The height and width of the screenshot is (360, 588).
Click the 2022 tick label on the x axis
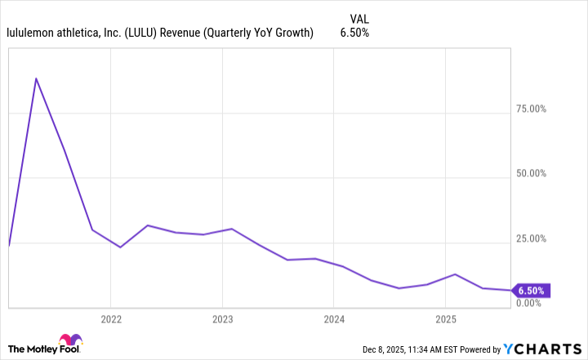(x=111, y=318)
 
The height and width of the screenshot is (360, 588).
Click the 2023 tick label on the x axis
(x=222, y=318)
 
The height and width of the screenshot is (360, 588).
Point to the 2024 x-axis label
(x=333, y=318)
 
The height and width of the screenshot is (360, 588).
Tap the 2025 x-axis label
(x=445, y=318)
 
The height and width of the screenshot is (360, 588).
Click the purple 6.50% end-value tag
(x=532, y=290)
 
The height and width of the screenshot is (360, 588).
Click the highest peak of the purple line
(x=36, y=78)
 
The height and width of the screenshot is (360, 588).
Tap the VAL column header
(x=359, y=18)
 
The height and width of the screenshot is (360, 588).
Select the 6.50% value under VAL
(x=354, y=33)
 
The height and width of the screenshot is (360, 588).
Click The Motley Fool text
(x=29, y=349)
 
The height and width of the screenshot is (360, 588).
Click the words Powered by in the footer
(x=474, y=349)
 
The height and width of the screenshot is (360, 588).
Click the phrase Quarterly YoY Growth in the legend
(x=264, y=33)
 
